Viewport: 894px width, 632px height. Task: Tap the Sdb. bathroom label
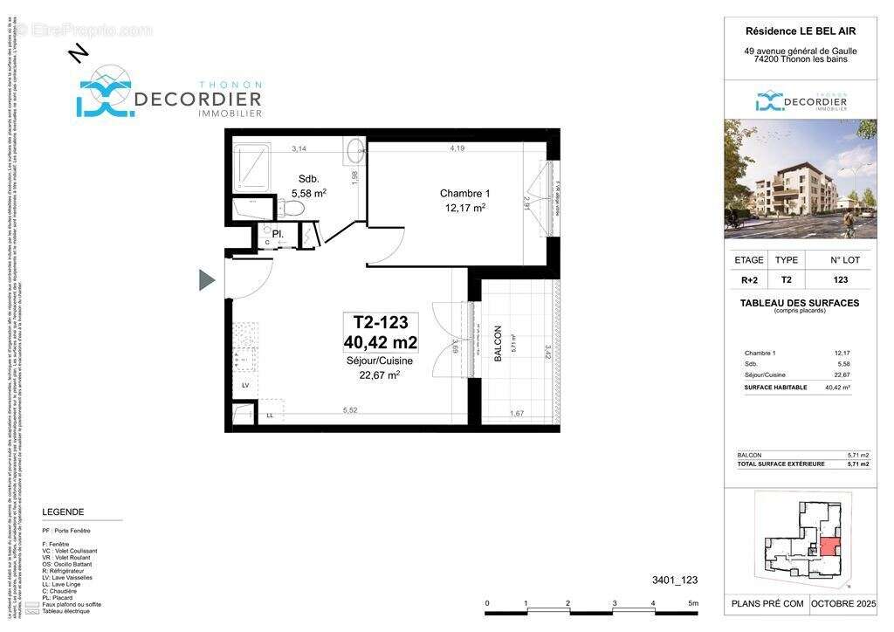tap(307, 178)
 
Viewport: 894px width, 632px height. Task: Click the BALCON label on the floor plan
tap(499, 344)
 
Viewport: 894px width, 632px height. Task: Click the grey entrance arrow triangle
tap(207, 279)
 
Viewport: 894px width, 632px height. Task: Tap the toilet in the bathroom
tap(291, 209)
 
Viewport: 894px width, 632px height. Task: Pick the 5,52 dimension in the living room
tap(351, 409)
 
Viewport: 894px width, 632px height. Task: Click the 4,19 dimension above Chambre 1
tap(457, 148)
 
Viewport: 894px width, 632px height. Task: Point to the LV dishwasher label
tap(244, 384)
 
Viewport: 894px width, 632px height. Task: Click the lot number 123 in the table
tap(839, 280)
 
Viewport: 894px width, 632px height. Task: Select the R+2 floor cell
tap(748, 280)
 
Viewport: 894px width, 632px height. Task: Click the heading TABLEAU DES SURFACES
tap(799, 303)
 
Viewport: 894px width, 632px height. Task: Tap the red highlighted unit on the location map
tap(826, 549)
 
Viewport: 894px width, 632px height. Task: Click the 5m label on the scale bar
tap(693, 603)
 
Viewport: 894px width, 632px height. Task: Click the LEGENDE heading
tap(63, 512)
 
